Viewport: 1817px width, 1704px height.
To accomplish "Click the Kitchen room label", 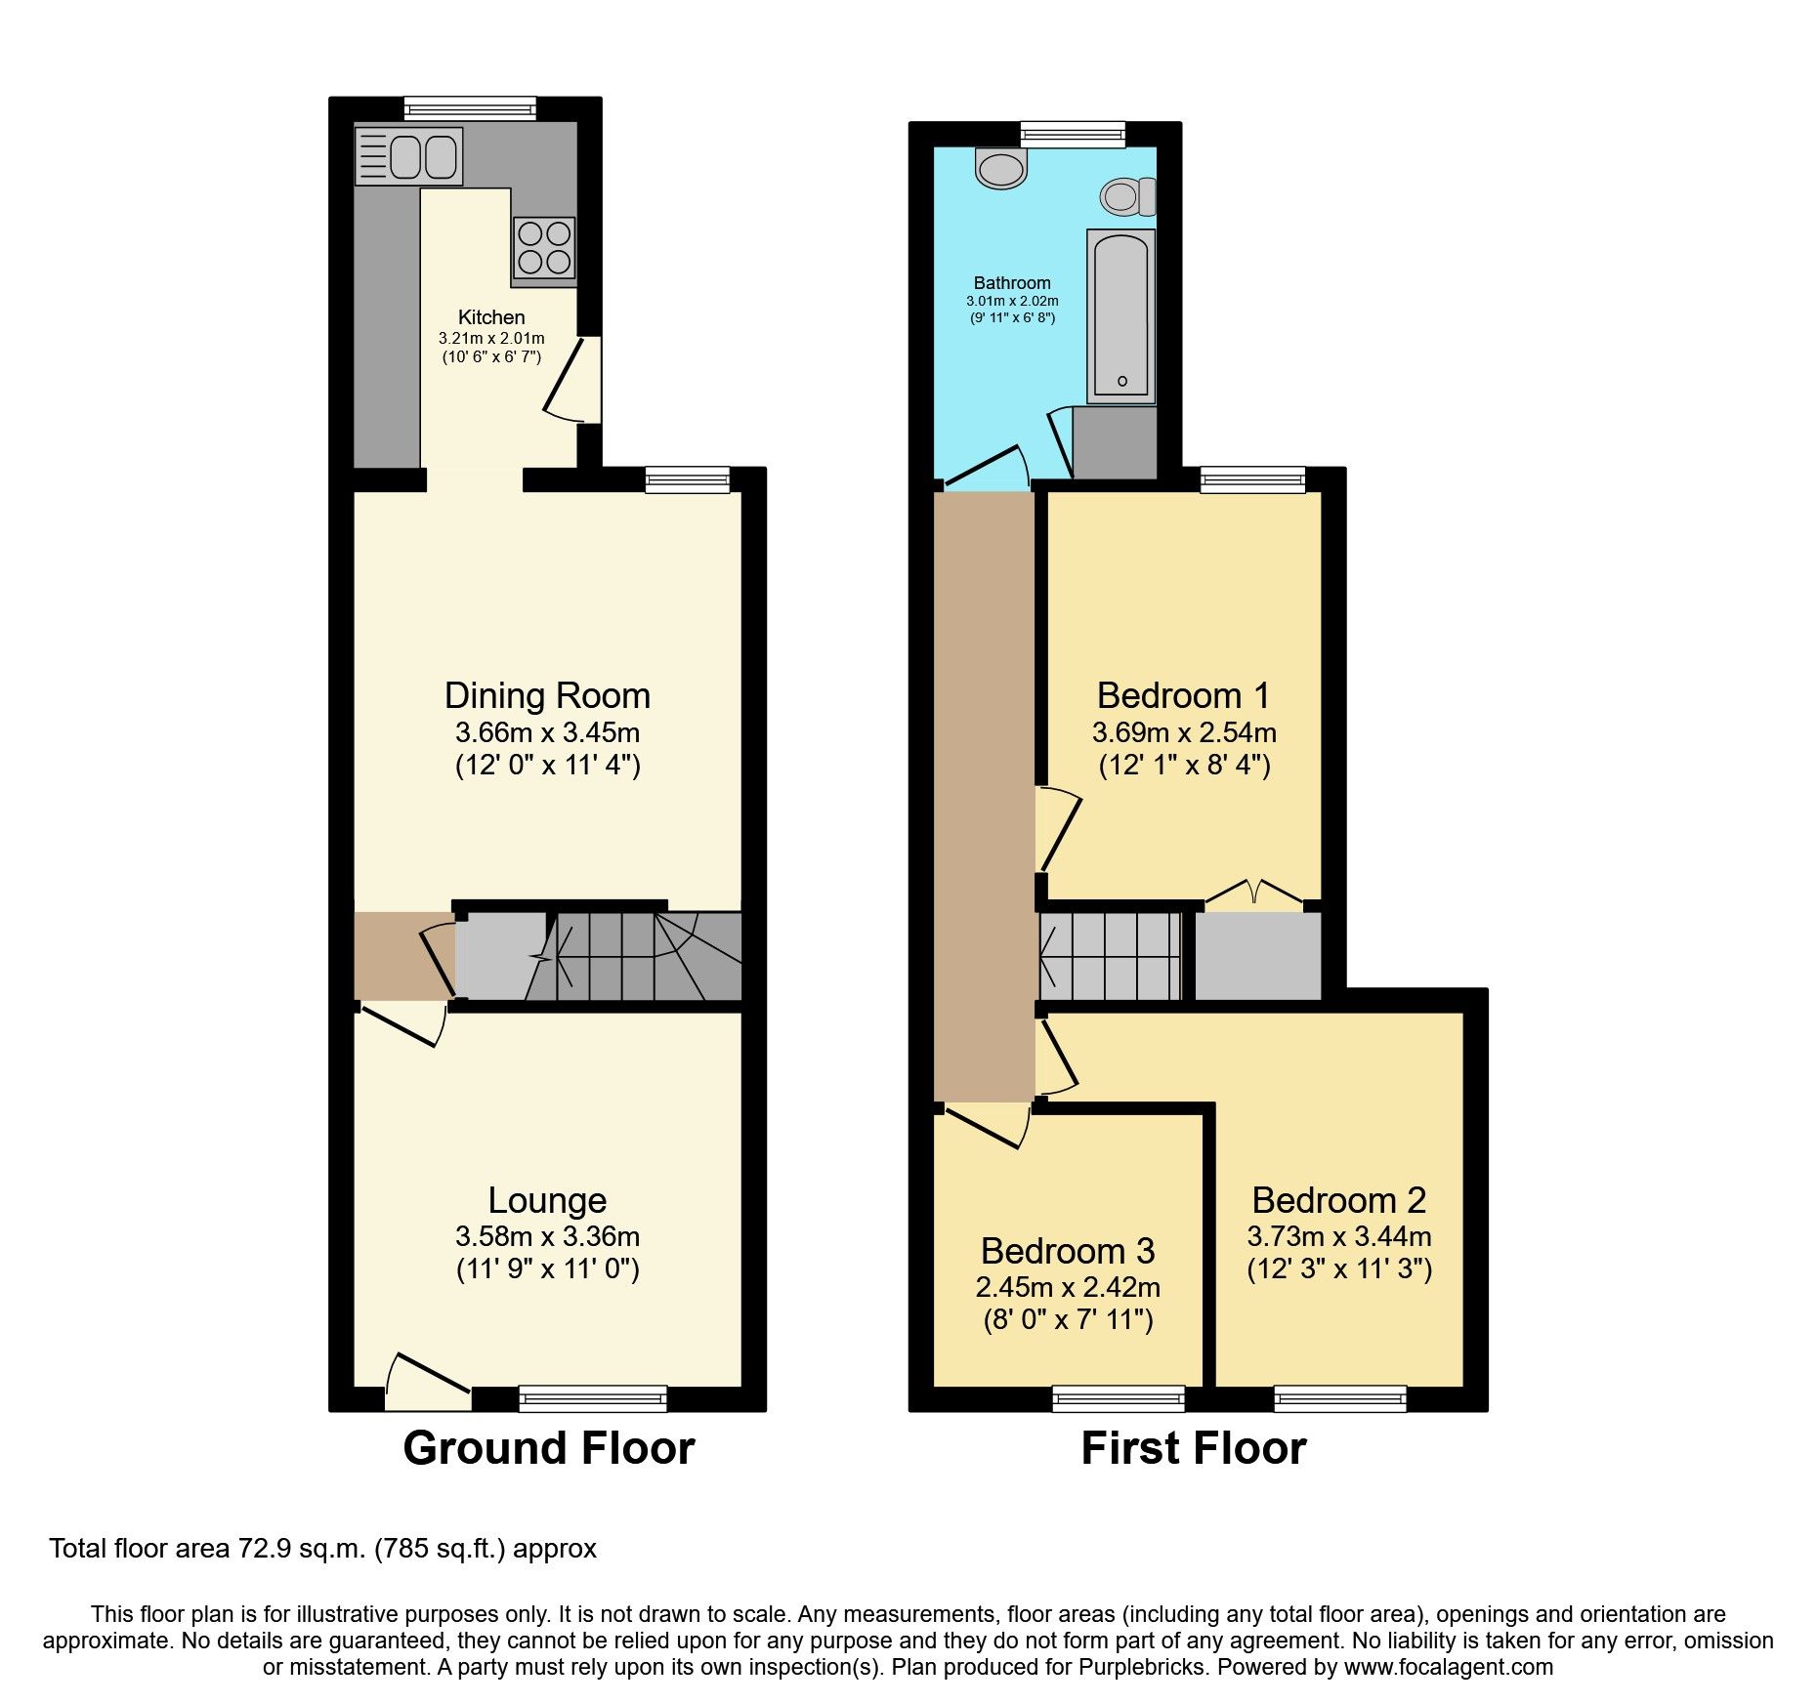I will click(x=491, y=317).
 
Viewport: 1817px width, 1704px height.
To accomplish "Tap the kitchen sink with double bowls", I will click(x=409, y=156).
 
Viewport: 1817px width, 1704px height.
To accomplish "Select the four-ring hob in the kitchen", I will click(x=544, y=248).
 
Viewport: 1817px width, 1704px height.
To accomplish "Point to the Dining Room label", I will click(x=547, y=696).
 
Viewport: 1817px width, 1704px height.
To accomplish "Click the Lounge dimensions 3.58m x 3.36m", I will click(x=547, y=1237).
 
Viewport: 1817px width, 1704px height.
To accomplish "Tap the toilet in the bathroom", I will click(x=1127, y=197).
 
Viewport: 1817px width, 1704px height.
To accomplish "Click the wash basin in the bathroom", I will click(x=1000, y=169).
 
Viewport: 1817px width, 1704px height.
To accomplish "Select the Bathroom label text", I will click(x=1012, y=283).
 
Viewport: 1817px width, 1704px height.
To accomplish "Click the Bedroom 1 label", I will click(x=1184, y=696).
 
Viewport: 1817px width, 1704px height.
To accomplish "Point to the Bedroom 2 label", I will click(x=1339, y=1200).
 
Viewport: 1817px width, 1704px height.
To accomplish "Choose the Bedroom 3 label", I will click(x=1068, y=1251).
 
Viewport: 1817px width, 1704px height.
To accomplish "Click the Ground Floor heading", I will click(x=549, y=1448).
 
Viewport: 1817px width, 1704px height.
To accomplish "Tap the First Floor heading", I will click(x=1194, y=1448).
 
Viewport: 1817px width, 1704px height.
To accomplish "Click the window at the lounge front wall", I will click(x=593, y=1398).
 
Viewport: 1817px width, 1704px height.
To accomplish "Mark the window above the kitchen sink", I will click(x=470, y=108).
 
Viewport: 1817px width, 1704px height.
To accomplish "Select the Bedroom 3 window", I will click(x=1119, y=1398).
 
